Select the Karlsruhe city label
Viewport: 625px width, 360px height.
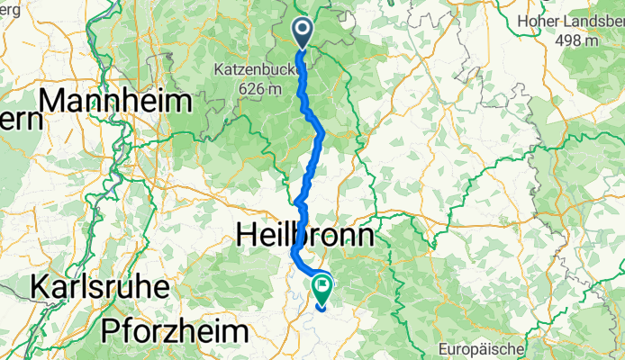coord(99,288)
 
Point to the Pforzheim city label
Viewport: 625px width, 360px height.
coord(174,330)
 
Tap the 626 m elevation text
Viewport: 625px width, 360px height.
coord(258,88)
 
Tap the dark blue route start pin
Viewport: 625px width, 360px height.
coord(301,33)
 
